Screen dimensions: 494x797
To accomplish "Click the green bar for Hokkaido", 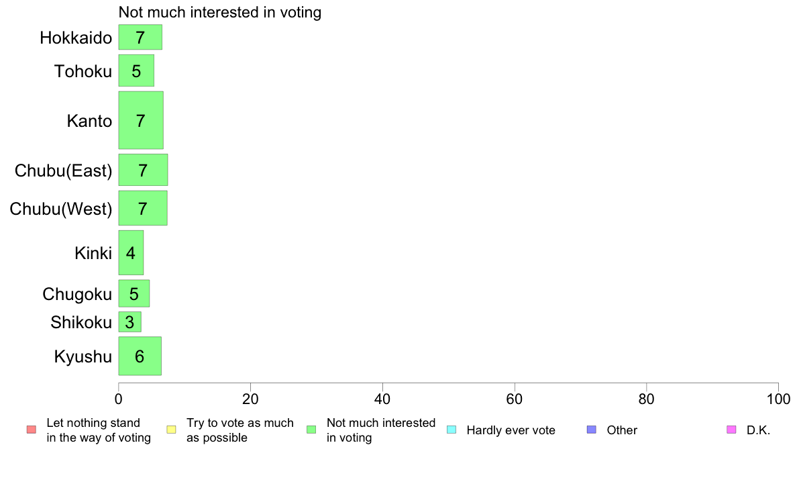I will tap(140, 38).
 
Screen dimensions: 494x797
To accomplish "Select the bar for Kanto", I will tap(141, 121).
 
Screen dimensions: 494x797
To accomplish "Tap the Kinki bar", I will tap(131, 253).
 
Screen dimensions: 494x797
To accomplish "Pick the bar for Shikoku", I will tap(129, 322).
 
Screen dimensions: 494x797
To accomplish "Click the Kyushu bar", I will tap(140, 356).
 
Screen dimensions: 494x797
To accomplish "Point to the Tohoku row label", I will tap(83, 71).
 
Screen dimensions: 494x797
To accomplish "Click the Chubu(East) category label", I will tap(63, 170).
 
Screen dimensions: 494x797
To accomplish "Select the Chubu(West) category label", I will tap(61, 209).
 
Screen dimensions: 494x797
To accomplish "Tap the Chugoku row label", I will tap(77, 294).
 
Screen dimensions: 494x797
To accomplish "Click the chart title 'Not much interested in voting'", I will tap(220, 12).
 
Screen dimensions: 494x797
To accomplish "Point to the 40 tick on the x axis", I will tap(382, 398).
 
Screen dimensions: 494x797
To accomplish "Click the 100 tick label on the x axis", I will tap(778, 398).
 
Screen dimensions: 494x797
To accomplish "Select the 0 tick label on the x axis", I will tap(119, 398).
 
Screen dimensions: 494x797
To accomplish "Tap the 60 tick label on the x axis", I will tap(515, 398).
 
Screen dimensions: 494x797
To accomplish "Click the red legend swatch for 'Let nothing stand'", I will tap(31, 430).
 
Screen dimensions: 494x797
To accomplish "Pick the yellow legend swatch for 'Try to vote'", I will tap(171, 430).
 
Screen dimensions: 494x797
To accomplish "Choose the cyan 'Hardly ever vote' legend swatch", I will tap(451, 430).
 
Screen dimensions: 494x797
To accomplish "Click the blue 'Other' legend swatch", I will tap(591, 430).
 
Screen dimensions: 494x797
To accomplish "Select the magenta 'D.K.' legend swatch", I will tap(731, 430).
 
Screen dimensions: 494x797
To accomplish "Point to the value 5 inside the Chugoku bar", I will tap(134, 294).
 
